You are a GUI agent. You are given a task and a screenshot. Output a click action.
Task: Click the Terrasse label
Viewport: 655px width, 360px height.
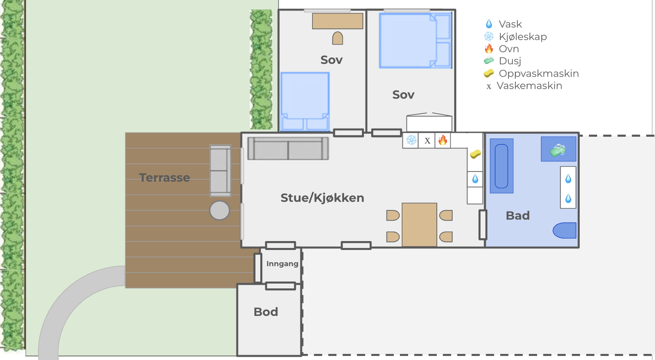click(164, 178)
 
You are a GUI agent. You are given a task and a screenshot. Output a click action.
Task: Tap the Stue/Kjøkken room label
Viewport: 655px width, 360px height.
click(322, 198)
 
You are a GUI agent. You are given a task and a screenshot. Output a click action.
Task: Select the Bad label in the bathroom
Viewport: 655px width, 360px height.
click(517, 216)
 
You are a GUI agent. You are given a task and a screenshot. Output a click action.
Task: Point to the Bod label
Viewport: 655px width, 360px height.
click(266, 312)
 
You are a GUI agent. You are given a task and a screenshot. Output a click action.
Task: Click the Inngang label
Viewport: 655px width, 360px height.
click(282, 264)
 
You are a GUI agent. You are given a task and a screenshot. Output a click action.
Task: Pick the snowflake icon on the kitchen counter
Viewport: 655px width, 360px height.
click(411, 140)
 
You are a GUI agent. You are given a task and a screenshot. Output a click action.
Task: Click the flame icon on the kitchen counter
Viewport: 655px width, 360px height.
click(443, 139)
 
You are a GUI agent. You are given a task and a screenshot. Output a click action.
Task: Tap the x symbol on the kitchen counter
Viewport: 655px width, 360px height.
click(427, 141)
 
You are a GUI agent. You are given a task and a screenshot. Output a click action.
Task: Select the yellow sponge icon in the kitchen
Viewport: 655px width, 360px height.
click(475, 154)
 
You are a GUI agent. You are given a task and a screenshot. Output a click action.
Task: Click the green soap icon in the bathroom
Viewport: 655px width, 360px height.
click(558, 150)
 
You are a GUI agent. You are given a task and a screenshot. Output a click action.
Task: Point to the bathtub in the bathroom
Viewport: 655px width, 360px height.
click(501, 166)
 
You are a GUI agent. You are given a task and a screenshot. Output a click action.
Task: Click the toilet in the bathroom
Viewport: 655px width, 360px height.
click(565, 230)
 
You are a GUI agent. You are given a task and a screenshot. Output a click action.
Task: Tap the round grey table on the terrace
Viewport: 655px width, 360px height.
click(219, 210)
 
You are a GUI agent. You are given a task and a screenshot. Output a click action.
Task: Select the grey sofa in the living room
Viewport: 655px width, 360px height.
click(288, 148)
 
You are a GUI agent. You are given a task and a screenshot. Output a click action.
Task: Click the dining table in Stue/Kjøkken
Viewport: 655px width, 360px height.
click(419, 225)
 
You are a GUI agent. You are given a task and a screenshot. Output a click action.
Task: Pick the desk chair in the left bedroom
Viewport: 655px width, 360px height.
click(337, 38)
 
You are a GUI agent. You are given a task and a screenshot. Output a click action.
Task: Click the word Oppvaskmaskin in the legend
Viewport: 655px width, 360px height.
click(539, 73)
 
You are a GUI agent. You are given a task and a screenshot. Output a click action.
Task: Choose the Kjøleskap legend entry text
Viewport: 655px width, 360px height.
click(523, 36)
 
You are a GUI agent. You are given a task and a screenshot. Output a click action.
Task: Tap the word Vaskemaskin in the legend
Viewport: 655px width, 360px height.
click(529, 85)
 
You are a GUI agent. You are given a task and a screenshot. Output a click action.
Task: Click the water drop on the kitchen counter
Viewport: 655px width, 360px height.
click(475, 179)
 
